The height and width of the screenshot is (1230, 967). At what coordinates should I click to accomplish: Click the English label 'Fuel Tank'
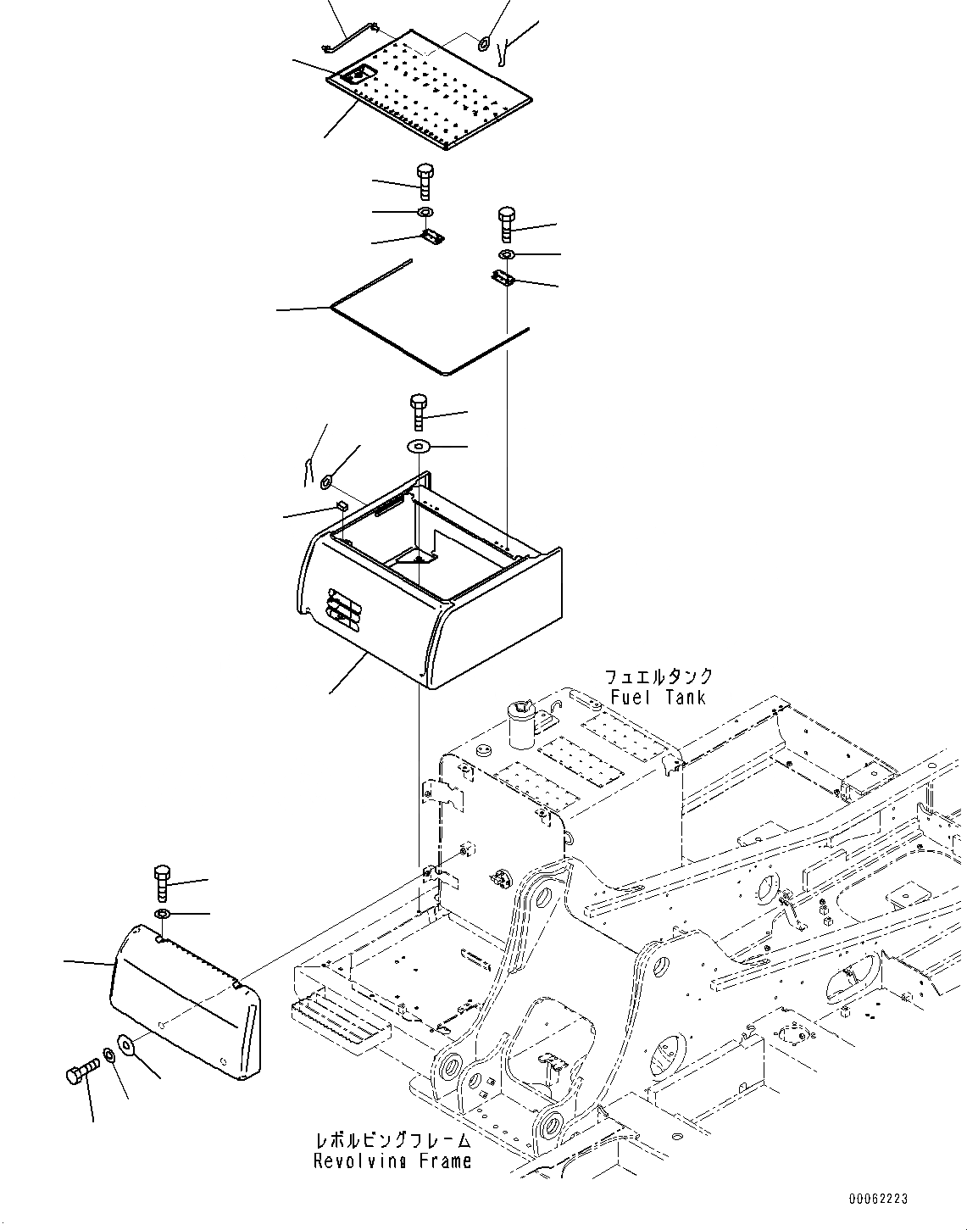(x=658, y=697)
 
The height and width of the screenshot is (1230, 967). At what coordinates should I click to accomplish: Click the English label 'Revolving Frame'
(x=392, y=1160)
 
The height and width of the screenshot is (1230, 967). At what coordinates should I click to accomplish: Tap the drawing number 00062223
(x=878, y=1199)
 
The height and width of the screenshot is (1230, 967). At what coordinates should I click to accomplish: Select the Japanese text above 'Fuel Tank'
(x=658, y=677)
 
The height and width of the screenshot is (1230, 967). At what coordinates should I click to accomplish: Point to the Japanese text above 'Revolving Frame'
(x=392, y=1140)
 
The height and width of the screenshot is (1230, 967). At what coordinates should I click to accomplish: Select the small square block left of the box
(x=341, y=505)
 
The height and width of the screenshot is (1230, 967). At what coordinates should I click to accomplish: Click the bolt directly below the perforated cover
(x=425, y=181)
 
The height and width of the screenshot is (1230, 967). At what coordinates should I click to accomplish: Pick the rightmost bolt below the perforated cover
(x=507, y=223)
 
